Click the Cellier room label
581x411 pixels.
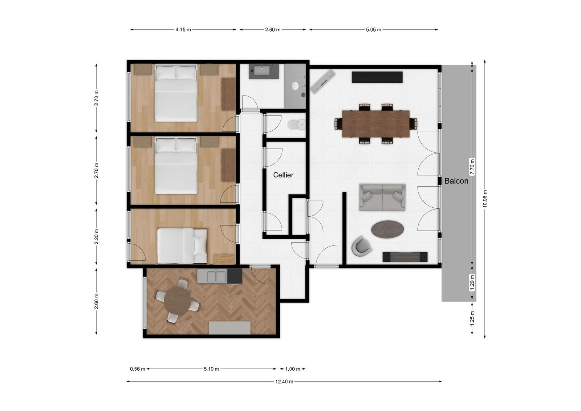click(283, 175)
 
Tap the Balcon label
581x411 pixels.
click(456, 181)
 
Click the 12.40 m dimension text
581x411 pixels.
click(284, 382)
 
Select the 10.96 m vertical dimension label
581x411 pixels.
click(485, 199)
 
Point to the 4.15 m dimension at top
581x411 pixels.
click(183, 30)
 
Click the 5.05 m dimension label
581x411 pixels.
click(373, 30)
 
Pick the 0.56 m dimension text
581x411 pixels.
click(137, 369)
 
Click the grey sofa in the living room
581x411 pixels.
click(382, 197)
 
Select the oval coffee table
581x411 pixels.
click(387, 229)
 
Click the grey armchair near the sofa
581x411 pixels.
click(361, 246)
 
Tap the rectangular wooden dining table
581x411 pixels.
click(375, 123)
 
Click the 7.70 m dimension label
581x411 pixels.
click(472, 167)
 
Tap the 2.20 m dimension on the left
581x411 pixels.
click(96, 236)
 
